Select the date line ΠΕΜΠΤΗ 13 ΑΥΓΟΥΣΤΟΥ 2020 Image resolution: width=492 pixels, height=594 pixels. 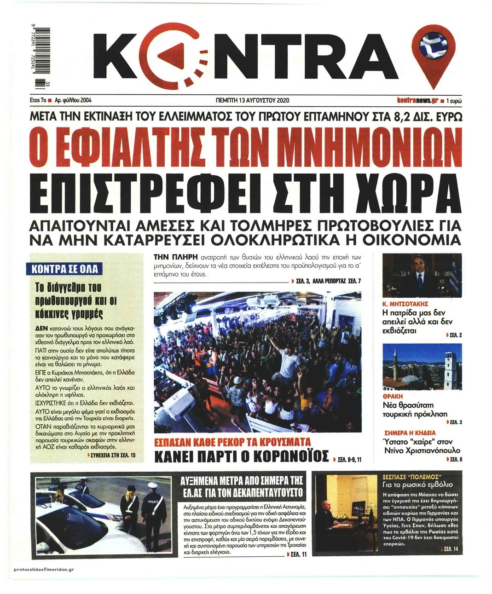coord(252,100)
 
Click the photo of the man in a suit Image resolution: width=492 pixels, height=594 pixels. coord(422,276)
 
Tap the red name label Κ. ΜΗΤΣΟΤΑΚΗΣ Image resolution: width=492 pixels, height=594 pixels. coord(405,304)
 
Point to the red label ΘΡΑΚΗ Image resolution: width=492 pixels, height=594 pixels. coord(393,396)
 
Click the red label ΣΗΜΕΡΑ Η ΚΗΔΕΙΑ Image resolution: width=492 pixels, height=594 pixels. coord(410,433)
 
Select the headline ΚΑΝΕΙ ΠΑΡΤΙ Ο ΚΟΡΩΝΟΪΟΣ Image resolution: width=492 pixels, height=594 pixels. coord(241,457)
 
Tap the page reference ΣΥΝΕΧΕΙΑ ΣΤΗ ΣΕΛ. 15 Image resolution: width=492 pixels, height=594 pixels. coord(115,455)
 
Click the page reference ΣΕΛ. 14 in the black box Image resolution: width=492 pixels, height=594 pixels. coord(453,549)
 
